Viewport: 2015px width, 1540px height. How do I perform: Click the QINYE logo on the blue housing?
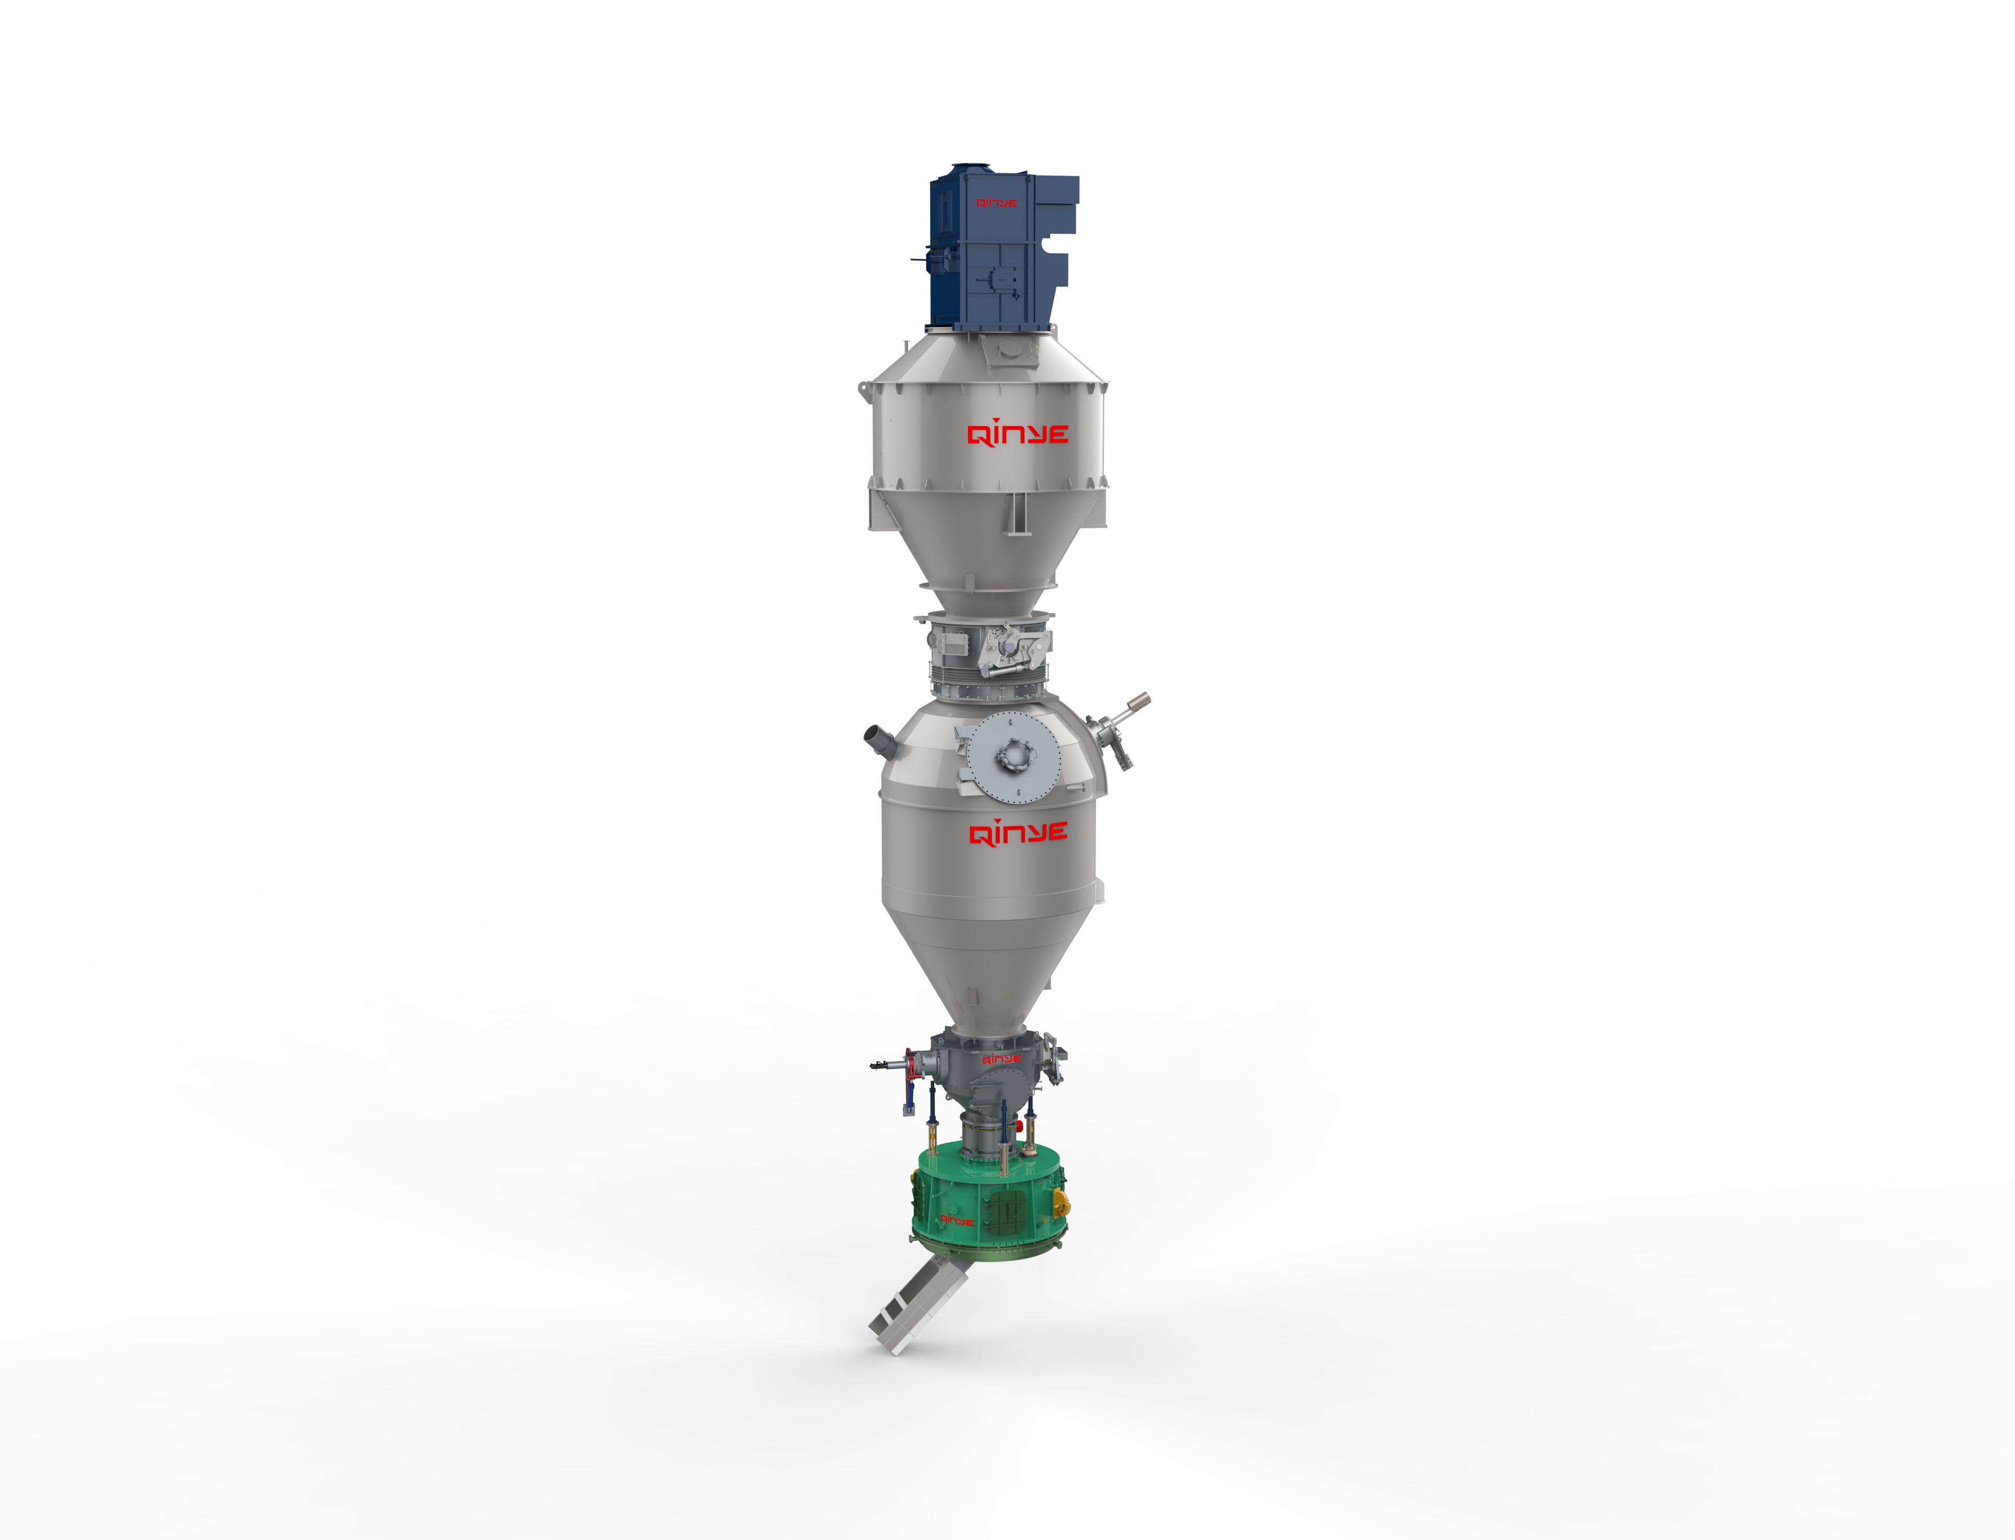tap(996, 203)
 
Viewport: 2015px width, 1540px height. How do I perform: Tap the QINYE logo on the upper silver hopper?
tap(1018, 434)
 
